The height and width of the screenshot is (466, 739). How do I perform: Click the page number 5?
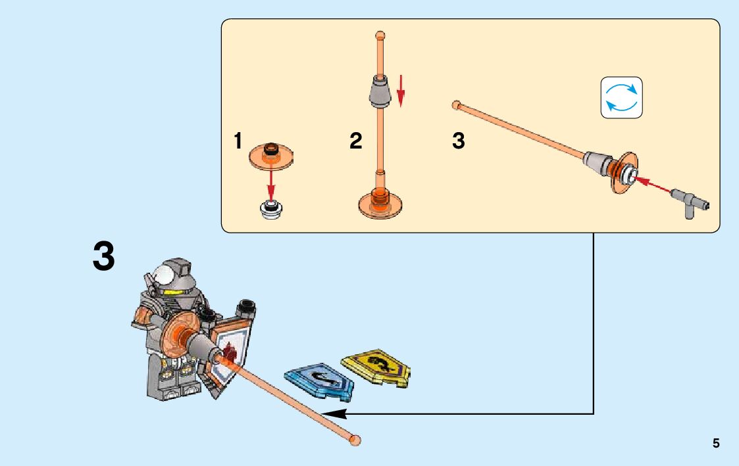click(716, 444)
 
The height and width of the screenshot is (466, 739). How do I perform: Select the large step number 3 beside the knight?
click(104, 257)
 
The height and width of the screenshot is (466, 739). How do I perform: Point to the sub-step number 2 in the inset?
click(356, 141)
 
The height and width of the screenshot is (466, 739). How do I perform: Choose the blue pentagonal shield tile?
click(319, 381)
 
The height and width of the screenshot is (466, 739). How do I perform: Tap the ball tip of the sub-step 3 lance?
click(455, 105)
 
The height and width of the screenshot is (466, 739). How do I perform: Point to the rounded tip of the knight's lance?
click(355, 440)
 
